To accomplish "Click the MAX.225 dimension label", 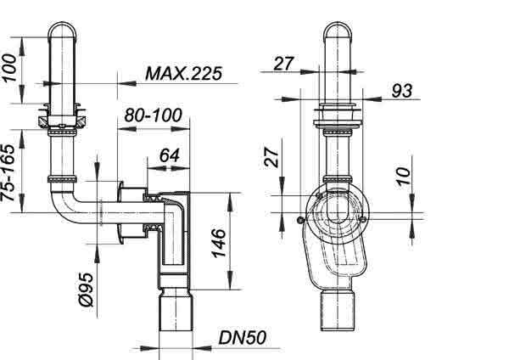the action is [x=184, y=73].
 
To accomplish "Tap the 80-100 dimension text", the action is [x=154, y=115].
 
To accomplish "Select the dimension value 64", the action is [x=170, y=155].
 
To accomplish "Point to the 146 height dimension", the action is [x=219, y=243].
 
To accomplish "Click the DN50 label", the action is [x=243, y=338].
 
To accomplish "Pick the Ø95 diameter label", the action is [x=87, y=290].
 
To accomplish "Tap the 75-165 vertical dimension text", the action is [x=8, y=172].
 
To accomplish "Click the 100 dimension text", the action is [x=8, y=68].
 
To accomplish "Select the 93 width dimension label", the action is [x=402, y=91].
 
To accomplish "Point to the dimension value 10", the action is [x=404, y=176].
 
